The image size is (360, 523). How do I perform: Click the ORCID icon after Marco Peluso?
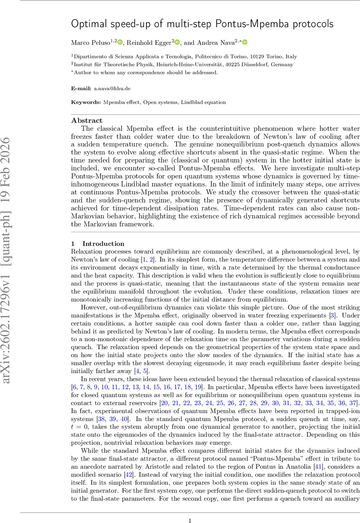click(x=120, y=42)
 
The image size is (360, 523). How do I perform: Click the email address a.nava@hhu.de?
click(x=112, y=88)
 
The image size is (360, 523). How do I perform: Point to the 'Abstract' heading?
click(x=87, y=121)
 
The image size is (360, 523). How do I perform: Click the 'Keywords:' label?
click(x=86, y=102)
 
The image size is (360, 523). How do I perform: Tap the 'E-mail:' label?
click(x=82, y=88)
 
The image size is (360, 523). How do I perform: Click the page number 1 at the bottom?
click(x=190, y=508)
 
